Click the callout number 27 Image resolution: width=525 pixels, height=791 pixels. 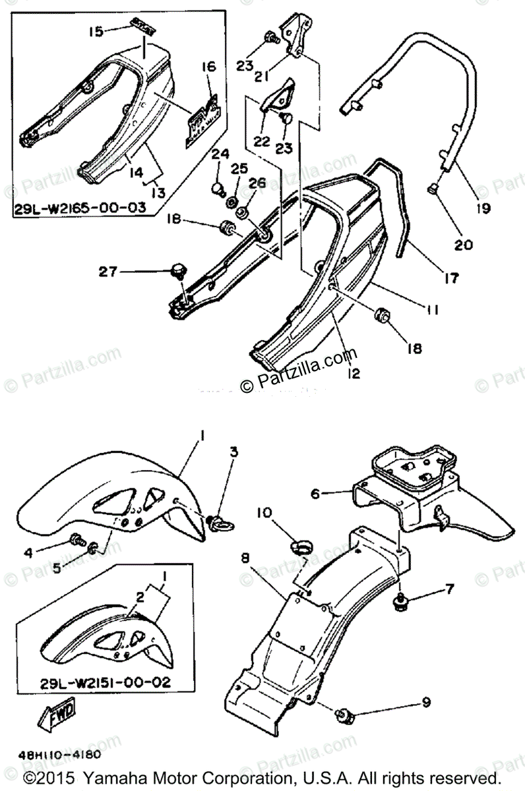click(x=109, y=270)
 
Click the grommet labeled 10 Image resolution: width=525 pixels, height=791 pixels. click(x=301, y=546)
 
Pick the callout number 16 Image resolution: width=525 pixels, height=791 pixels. click(x=209, y=67)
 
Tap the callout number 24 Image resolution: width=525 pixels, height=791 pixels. click(x=220, y=156)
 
